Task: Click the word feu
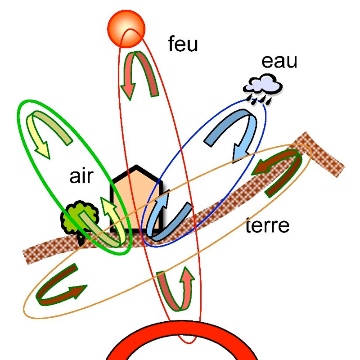(183, 45)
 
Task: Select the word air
(81, 176)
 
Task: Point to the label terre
(268, 225)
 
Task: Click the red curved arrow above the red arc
(175, 290)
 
